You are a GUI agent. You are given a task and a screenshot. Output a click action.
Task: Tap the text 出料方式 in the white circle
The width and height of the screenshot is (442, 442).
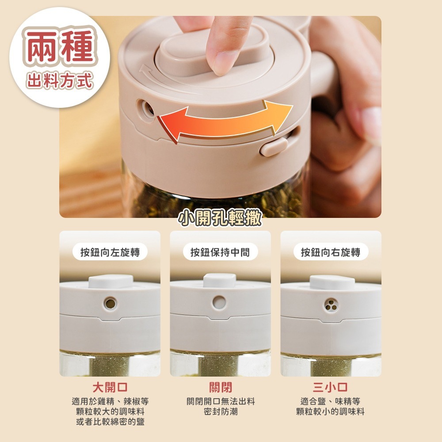point(60,80)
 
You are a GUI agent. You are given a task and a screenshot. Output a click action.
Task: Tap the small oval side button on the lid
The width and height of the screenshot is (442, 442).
point(273,146)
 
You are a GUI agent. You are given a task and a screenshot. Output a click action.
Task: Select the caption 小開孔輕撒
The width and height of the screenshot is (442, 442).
point(220,217)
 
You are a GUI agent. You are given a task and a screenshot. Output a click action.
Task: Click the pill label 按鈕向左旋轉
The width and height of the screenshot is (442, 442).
point(110,252)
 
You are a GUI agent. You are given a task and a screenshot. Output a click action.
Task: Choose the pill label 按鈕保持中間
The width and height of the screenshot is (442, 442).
point(220,252)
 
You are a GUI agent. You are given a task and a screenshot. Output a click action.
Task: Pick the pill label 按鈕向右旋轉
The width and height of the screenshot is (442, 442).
point(331,252)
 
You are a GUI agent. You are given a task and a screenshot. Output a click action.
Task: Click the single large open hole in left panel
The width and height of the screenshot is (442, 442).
point(110,303)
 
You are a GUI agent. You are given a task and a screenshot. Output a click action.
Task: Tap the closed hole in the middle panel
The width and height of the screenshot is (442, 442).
point(219,302)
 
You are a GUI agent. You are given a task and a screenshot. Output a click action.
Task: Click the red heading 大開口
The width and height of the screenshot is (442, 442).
point(110,388)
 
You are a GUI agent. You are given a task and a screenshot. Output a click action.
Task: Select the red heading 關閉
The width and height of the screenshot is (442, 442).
point(221,388)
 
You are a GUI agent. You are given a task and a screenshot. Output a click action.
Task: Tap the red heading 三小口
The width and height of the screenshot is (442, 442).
point(330,388)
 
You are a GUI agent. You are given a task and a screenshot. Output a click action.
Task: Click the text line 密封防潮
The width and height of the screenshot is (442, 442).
point(221,412)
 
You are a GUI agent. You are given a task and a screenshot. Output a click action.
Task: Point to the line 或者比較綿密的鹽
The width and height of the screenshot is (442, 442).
point(110,422)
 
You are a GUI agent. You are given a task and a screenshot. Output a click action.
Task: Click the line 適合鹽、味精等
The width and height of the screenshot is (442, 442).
point(330,401)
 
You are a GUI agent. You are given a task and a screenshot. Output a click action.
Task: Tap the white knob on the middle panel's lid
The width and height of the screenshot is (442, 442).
point(220,281)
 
